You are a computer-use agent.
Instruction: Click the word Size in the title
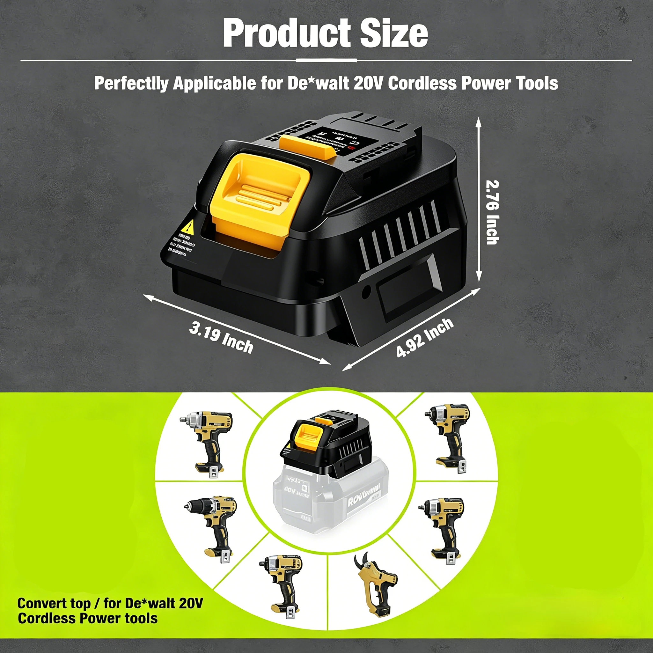coord(394,33)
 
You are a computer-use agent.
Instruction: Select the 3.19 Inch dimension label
coord(221,337)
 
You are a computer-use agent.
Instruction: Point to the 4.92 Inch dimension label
coord(424,337)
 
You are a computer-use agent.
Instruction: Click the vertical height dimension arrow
coord(478,199)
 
